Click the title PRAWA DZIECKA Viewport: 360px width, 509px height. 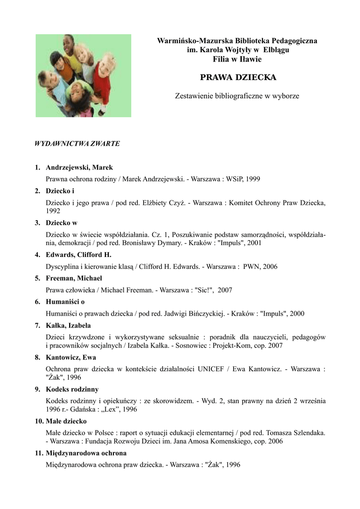click(237, 78)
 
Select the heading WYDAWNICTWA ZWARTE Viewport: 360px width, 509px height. click(77, 144)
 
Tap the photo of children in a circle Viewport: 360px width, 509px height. click(84, 76)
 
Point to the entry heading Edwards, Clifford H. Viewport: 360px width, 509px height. click(78, 255)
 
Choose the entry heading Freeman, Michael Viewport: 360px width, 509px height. click(74, 278)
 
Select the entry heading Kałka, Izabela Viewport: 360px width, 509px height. click(68, 326)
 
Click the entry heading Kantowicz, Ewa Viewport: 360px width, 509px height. click(71, 357)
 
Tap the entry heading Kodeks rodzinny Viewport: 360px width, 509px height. click(72, 389)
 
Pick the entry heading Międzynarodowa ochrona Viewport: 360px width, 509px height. click(86, 453)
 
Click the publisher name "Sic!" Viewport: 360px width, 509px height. click(203, 290)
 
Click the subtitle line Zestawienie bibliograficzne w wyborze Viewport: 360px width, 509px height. click(237, 95)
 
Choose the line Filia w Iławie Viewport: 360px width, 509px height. click(237, 59)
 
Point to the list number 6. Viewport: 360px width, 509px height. click(37, 302)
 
